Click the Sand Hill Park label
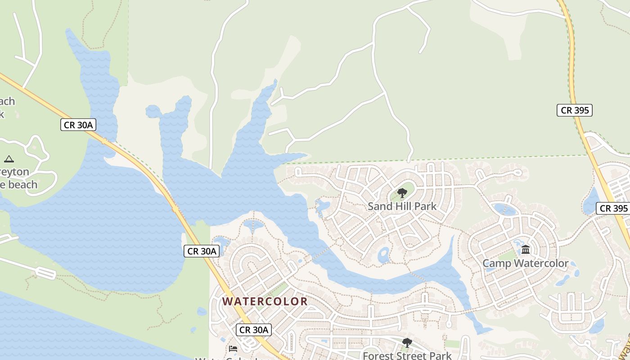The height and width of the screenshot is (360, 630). coord(402,207)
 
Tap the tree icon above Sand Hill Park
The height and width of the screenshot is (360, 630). coord(402,193)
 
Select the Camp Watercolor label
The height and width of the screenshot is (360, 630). coord(525,263)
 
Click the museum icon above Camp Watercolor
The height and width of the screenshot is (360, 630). coord(526,249)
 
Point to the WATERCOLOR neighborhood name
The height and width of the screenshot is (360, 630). coord(265,301)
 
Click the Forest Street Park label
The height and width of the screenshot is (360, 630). coord(407,355)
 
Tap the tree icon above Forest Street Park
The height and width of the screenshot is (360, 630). coord(407,343)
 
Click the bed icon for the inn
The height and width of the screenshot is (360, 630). coord(233,348)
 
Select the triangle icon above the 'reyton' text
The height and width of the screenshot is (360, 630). coord(9,159)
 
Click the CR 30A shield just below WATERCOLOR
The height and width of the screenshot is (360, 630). coord(254,330)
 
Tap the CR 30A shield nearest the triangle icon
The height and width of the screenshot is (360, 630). coord(78,125)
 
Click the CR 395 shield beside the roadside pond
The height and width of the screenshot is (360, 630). coord(612,208)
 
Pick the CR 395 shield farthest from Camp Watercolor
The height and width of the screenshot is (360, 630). coord(574,110)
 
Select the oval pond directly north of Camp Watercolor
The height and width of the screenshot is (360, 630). coord(504,209)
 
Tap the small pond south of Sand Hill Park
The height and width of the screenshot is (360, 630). coord(384,256)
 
